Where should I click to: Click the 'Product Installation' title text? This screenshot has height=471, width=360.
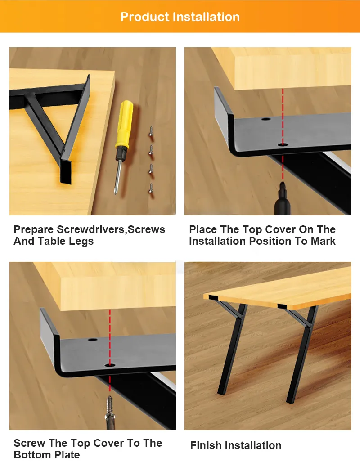pyautogui.click(x=180, y=17)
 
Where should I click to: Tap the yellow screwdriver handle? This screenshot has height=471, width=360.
pyautogui.click(x=124, y=124)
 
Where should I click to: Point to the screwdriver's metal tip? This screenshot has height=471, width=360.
pyautogui.click(x=115, y=191)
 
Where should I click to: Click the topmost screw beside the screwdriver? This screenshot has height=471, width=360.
pyautogui.click(x=151, y=131)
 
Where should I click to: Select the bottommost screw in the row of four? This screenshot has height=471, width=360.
pyautogui.click(x=151, y=188)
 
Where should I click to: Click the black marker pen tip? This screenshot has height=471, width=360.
pyautogui.click(x=283, y=184)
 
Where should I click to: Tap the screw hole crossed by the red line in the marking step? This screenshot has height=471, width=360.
pyautogui.click(x=283, y=145)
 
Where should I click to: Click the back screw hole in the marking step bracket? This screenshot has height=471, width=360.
pyautogui.click(x=266, y=119)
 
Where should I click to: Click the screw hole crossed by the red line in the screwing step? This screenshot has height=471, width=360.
pyautogui.click(x=110, y=365)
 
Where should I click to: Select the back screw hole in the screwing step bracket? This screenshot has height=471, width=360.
pyautogui.click(x=93, y=340)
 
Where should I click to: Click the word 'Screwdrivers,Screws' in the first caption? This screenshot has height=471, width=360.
pyautogui.click(x=111, y=230)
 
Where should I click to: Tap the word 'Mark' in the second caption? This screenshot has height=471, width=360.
pyautogui.click(x=323, y=241)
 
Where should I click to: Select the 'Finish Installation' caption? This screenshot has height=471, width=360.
pyautogui.click(x=236, y=445)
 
